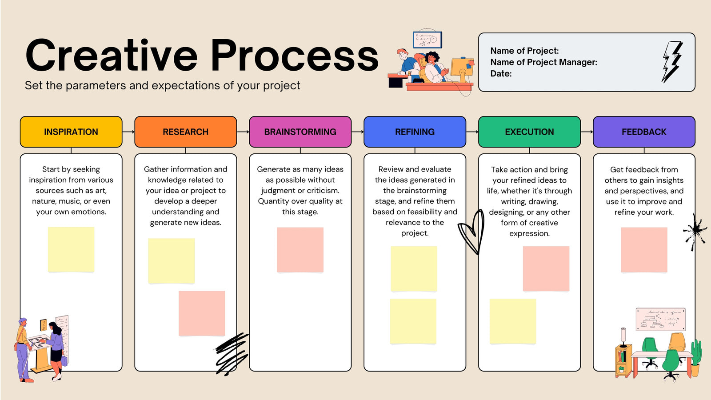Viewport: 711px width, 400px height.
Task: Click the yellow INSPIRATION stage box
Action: click(x=71, y=132)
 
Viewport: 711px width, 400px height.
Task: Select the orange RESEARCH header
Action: click(x=186, y=132)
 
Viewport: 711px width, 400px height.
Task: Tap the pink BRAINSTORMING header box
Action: click(x=300, y=132)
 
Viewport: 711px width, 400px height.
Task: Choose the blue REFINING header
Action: click(x=415, y=132)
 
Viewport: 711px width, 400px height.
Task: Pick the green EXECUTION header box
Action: click(x=530, y=132)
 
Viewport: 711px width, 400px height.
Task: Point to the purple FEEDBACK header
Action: click(x=644, y=132)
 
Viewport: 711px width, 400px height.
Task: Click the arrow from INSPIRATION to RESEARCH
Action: click(x=128, y=132)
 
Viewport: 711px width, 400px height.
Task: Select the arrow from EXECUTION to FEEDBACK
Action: click(x=587, y=132)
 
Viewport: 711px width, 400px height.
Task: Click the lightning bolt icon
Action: click(x=672, y=62)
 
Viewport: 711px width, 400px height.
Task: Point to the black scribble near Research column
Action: click(x=231, y=354)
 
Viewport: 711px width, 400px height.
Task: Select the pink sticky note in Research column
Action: click(x=202, y=313)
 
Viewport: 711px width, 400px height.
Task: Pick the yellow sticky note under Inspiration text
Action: click(x=71, y=249)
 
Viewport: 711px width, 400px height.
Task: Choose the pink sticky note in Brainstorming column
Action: click(x=300, y=250)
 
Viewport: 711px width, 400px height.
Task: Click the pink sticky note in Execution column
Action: click(x=546, y=268)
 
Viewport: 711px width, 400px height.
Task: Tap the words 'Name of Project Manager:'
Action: click(x=543, y=62)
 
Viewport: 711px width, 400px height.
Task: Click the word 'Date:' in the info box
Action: click(x=501, y=74)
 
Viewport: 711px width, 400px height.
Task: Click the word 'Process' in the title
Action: click(x=294, y=56)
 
